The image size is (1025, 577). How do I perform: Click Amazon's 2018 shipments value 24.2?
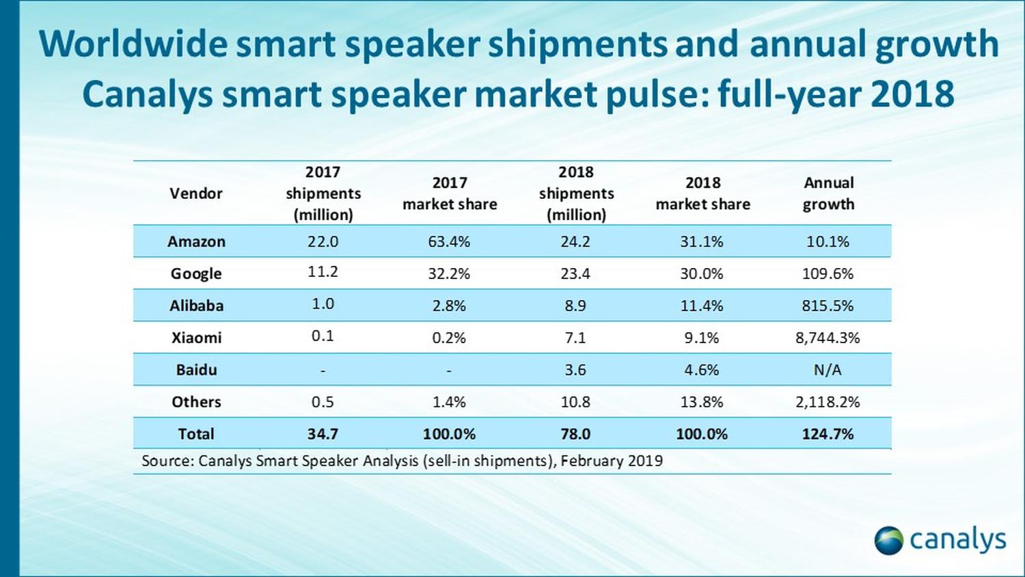575,241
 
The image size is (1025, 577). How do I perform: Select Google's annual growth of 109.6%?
828,273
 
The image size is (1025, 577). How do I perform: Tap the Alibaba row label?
196,306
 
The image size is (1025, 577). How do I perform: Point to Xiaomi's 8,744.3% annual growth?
828,338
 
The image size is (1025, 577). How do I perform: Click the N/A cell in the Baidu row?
828,370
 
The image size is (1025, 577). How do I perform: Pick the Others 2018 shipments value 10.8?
575,402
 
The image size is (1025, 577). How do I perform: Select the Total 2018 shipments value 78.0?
575,434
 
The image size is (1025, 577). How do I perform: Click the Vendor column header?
196,193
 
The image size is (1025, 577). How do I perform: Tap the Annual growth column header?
828,193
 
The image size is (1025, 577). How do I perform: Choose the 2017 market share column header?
450,193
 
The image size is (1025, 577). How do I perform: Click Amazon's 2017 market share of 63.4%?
449,241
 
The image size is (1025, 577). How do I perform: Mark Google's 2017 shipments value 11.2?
323,272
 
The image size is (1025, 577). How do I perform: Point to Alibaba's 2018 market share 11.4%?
702,306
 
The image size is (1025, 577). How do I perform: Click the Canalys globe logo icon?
888,540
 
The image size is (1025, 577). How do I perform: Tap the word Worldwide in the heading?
133,44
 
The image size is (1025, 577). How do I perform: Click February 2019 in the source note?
612,461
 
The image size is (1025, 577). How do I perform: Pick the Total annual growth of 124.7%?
828,434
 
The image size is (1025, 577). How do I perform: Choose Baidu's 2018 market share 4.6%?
702,370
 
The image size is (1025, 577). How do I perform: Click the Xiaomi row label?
196,338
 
